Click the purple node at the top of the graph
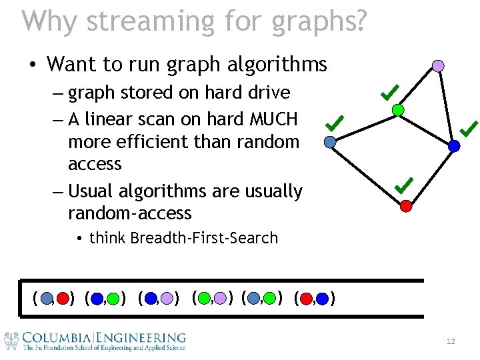[x=438, y=65]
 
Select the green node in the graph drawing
[x=397, y=110]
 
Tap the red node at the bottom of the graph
[x=406, y=206]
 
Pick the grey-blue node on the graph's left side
[x=329, y=141]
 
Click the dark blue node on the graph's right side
[x=454, y=145]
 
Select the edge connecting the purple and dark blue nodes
[x=446, y=105]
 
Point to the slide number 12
[x=451, y=342]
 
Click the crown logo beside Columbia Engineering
[x=11, y=341]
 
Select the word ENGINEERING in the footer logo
[x=141, y=338]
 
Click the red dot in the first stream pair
[x=62, y=298]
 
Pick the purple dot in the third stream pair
[x=167, y=298]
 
